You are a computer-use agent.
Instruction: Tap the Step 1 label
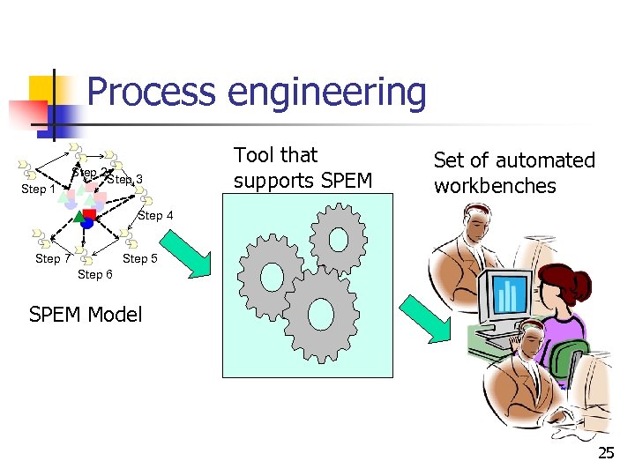[x=39, y=189]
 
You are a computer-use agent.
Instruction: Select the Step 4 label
[x=156, y=215]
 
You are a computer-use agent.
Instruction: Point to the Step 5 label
[x=140, y=258]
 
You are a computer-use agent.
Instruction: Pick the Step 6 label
[x=95, y=275]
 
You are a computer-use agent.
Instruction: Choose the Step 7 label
[x=53, y=258]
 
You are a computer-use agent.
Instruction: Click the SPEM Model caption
[x=86, y=315]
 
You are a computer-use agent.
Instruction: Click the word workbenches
[x=495, y=186]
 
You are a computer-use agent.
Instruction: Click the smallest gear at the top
[x=339, y=236]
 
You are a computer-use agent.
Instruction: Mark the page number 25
[x=606, y=454]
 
